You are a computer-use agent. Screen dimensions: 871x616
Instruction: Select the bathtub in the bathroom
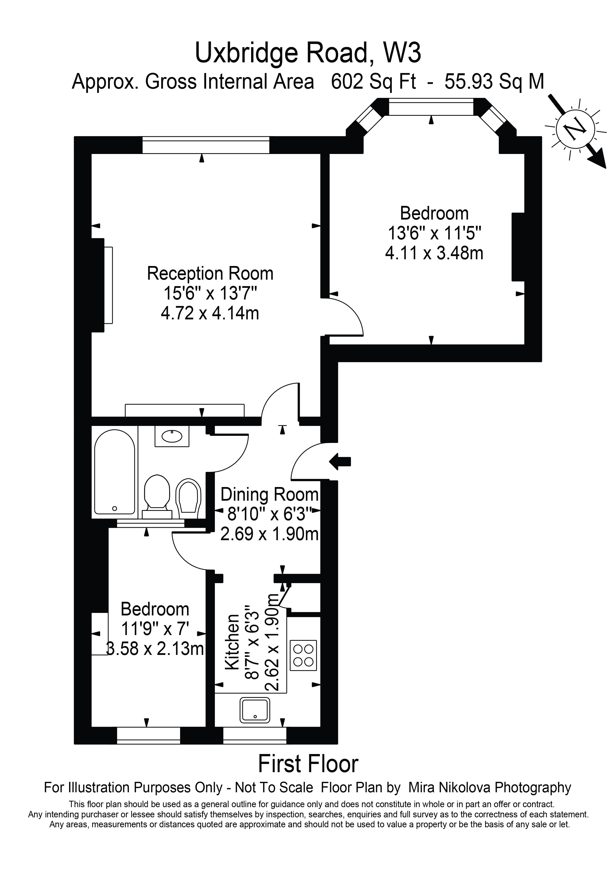[x=114, y=472]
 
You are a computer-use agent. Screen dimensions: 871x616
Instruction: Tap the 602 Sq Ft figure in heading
[x=373, y=81]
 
